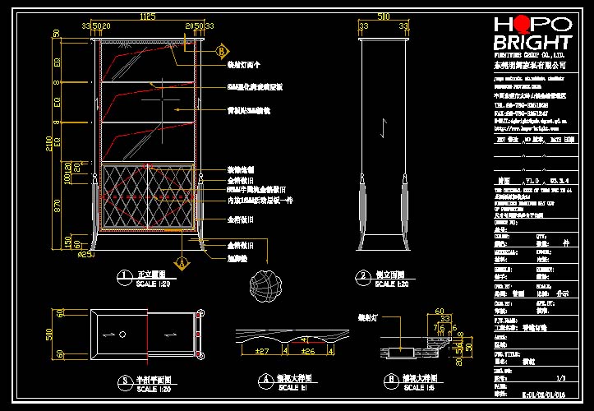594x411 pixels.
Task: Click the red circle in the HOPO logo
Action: click(519, 25)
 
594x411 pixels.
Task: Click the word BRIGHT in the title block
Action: click(532, 43)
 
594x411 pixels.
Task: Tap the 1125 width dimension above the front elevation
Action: click(148, 16)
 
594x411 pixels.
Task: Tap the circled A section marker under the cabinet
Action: click(183, 263)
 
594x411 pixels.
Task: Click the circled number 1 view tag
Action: click(123, 276)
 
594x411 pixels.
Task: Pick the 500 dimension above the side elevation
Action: click(383, 16)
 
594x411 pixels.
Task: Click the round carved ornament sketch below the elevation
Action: click(268, 284)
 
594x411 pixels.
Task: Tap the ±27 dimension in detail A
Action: click(263, 352)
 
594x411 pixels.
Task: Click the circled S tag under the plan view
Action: click(123, 381)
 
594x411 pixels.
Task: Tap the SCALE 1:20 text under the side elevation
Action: click(391, 284)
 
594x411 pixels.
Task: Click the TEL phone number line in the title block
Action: click(526, 105)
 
